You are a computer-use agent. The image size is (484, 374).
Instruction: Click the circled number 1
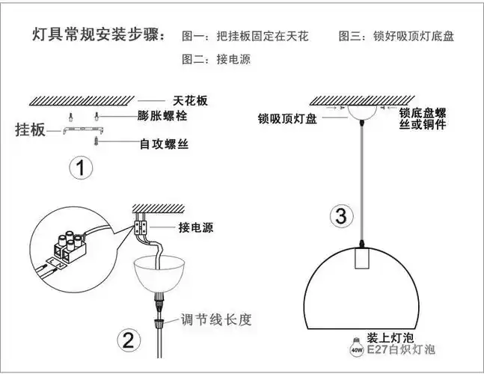(79, 168)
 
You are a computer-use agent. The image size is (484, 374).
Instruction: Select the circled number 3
(340, 217)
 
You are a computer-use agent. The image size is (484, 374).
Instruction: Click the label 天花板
(190, 100)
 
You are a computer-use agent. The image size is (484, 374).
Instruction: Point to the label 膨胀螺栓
(162, 117)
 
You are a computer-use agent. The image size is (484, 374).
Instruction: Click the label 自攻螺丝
(163, 143)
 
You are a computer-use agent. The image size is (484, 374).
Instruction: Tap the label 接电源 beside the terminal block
(195, 227)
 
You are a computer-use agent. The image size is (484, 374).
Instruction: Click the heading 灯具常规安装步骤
(99, 36)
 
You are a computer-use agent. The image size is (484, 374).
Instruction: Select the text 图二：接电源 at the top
(217, 59)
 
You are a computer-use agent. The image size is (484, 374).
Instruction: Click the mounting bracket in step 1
(78, 131)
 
